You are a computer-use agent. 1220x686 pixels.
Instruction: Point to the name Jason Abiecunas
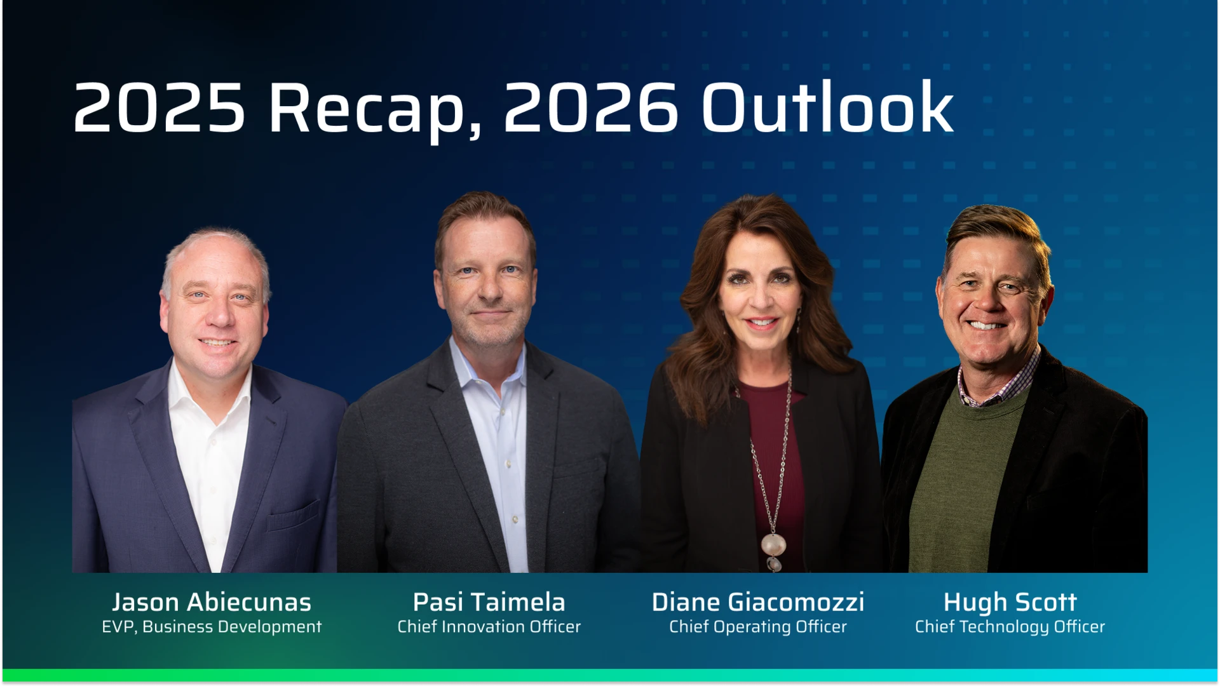tap(212, 602)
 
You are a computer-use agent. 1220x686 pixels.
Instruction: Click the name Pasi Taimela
tap(489, 602)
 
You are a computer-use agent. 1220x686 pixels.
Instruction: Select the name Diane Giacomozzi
tap(757, 602)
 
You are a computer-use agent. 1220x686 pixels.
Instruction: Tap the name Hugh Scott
tap(1010, 602)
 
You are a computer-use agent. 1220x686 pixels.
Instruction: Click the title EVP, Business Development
tap(212, 627)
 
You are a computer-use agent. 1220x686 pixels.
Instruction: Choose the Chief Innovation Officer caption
tap(489, 627)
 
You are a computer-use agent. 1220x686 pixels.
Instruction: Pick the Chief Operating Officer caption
tap(757, 627)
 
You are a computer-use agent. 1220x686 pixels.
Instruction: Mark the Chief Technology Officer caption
tap(1010, 627)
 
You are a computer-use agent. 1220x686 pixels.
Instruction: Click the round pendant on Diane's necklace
tap(773, 544)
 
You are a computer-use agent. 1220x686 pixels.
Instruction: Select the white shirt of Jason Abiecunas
tap(210, 457)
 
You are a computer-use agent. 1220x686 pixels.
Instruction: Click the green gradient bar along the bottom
tap(610, 675)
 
